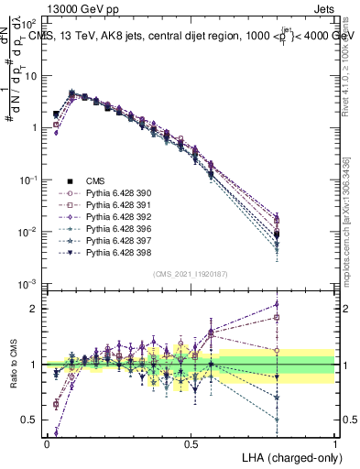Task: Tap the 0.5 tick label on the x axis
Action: pos(191,443)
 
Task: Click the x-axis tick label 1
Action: pos(334,443)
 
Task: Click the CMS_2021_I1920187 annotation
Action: pos(191,274)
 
